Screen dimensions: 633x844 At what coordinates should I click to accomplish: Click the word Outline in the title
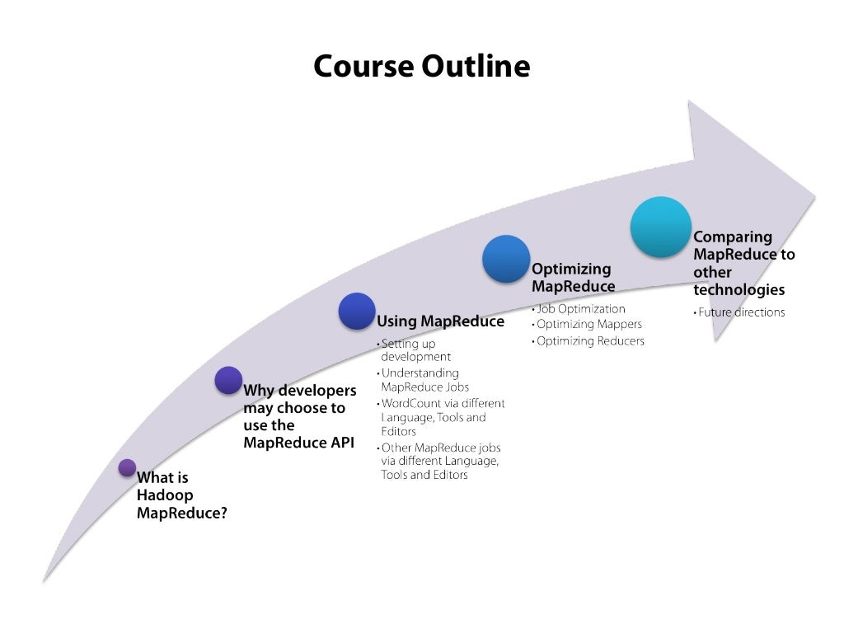476,66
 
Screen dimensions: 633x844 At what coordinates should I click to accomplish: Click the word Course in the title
364,66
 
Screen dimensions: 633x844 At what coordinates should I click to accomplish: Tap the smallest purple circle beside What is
127,467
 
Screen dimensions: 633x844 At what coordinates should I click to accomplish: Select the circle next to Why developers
228,380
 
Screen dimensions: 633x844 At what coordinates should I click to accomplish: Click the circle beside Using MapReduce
356,311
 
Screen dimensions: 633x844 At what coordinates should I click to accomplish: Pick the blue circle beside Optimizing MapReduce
505,259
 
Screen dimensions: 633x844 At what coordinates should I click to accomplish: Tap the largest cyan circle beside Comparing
660,227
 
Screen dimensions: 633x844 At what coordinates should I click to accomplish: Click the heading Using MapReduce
440,321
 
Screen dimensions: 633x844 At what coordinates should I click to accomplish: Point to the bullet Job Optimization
580,309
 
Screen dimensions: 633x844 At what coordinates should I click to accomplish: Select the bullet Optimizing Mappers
589,325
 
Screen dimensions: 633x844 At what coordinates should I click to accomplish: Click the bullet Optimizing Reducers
590,340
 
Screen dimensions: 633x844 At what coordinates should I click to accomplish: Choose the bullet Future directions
741,312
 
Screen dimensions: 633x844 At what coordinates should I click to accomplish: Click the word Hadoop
165,495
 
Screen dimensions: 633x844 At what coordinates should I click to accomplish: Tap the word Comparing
733,237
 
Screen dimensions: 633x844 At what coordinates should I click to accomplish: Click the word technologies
738,290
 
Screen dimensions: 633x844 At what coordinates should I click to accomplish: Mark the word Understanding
420,373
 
